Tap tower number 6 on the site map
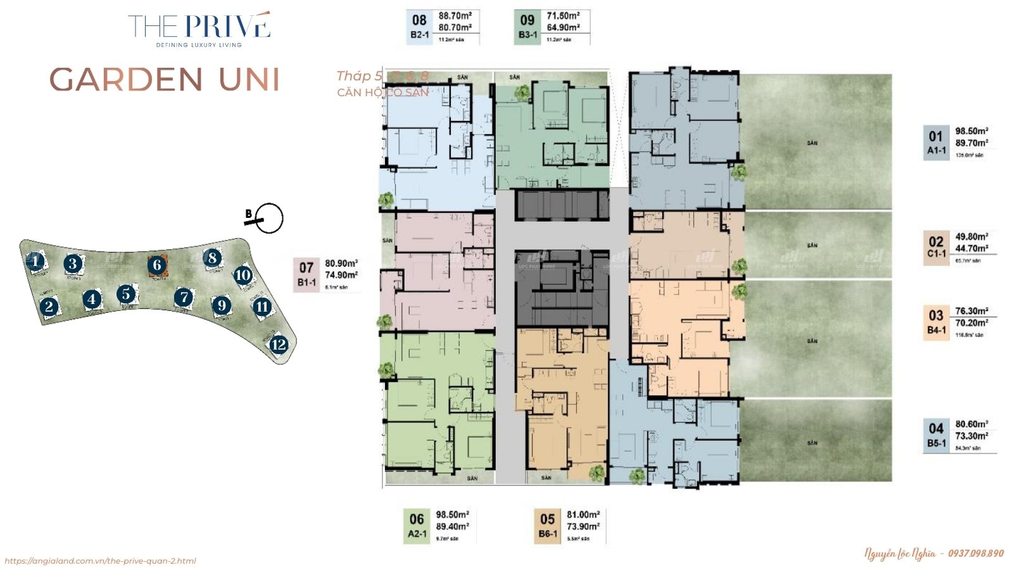(157, 265)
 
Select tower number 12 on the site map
(279, 345)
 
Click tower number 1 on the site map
(35, 261)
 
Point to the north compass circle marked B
(270, 218)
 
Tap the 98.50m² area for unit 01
(971, 131)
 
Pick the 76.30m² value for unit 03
(971, 311)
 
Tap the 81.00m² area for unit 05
(583, 514)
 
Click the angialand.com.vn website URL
(100, 560)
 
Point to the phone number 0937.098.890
(976, 553)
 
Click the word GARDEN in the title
(126, 80)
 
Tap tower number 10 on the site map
(243, 275)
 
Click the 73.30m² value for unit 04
(971, 436)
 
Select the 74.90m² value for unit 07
(341, 275)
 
